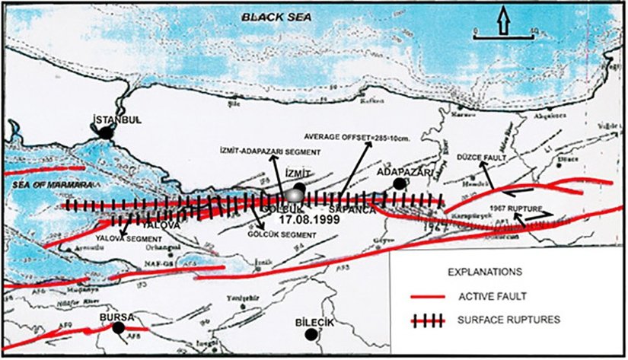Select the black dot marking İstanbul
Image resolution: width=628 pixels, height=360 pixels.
[x=108, y=132]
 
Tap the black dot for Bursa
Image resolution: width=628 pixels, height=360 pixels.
[x=118, y=328]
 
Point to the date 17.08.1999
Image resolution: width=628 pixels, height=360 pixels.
[x=301, y=218]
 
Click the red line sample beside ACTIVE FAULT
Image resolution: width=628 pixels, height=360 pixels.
[x=429, y=297]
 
